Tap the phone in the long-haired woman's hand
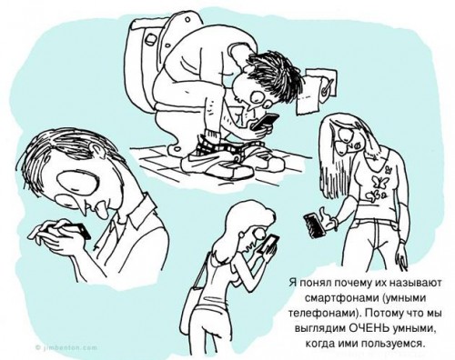pyautogui.click(x=315, y=221)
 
